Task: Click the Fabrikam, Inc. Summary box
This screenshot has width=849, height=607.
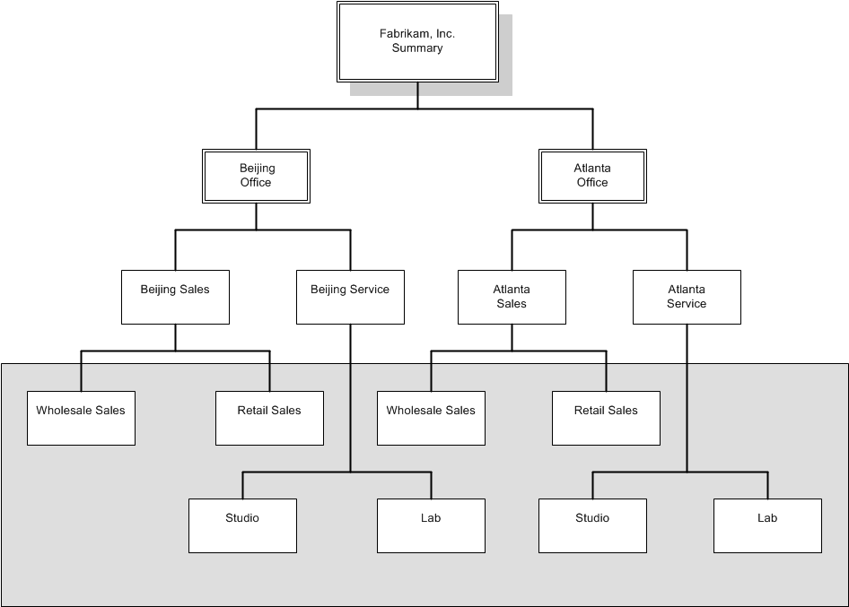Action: click(x=417, y=41)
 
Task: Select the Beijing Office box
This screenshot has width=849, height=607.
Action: click(x=256, y=175)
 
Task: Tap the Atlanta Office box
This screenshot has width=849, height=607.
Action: click(x=592, y=175)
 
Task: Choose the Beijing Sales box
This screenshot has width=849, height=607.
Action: click(x=175, y=297)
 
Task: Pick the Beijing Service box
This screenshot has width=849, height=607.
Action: click(x=350, y=297)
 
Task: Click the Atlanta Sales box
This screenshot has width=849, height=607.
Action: click(x=512, y=297)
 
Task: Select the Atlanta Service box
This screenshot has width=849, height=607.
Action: click(x=687, y=297)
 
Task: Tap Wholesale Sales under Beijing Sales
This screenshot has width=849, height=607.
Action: click(x=81, y=418)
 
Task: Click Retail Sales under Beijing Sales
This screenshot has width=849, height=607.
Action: click(x=269, y=418)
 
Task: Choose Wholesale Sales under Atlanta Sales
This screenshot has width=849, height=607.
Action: click(x=431, y=418)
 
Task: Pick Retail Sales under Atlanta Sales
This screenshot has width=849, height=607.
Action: click(x=606, y=418)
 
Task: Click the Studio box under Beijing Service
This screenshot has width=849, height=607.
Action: click(x=242, y=525)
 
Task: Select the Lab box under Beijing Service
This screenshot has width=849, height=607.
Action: click(x=431, y=525)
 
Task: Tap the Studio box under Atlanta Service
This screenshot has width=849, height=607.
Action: click(x=592, y=525)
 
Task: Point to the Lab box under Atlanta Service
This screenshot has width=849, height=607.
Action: click(x=767, y=525)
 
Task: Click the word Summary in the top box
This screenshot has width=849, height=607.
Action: click(x=417, y=48)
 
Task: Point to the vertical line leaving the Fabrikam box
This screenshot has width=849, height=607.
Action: click(x=417, y=95)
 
